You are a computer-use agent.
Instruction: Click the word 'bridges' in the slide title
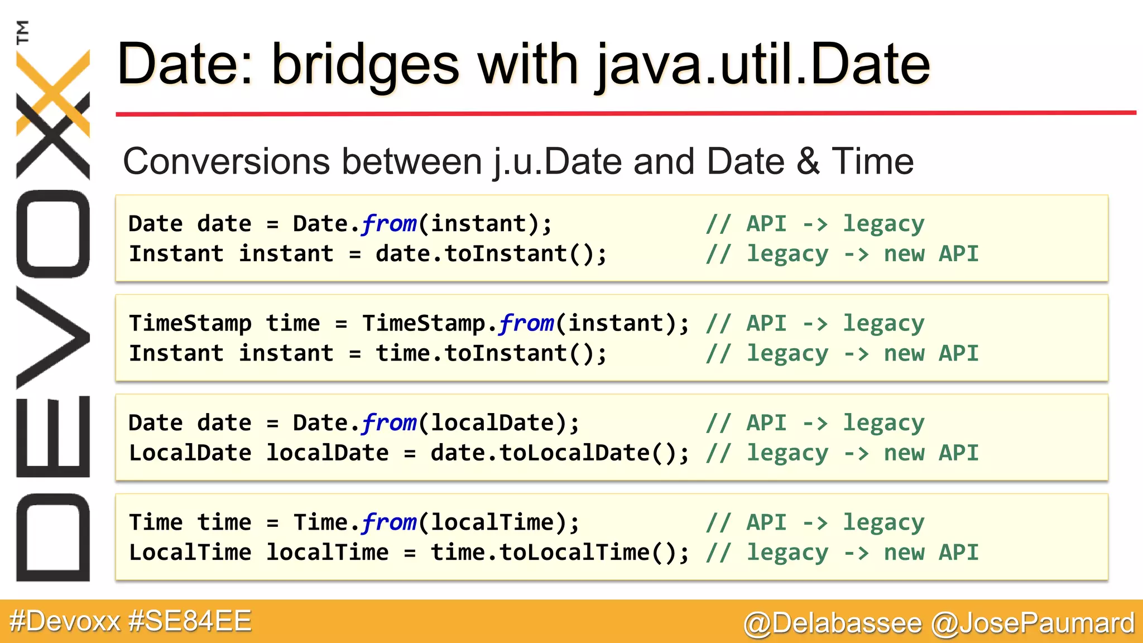366,66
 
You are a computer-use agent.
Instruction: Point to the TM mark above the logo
23,32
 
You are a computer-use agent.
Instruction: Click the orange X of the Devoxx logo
53,93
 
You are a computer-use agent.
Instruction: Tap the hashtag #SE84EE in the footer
190,621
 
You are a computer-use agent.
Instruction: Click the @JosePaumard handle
1032,623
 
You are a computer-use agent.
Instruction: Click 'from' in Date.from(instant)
389,224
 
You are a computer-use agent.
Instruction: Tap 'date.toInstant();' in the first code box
491,254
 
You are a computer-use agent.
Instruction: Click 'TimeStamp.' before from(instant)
429,324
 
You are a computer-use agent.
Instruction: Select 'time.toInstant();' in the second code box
491,354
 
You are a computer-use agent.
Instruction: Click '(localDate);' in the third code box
500,423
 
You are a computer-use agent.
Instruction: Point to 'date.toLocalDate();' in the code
560,453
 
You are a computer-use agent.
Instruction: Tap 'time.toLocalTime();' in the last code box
560,553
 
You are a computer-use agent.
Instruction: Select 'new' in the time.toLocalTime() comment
904,553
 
